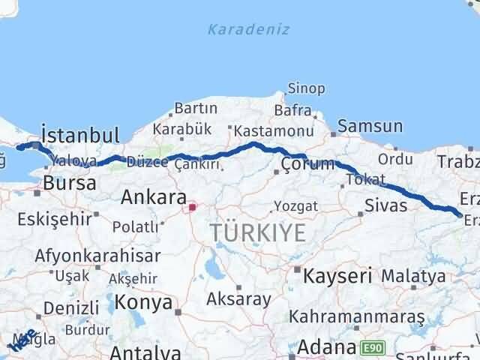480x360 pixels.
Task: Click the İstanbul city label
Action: point(81,136)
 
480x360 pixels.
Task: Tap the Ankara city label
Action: point(153,198)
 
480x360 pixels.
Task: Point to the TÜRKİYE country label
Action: point(258,232)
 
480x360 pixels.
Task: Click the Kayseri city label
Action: point(337,276)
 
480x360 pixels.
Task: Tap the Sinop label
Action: point(307,89)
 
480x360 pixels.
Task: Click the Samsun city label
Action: point(370,126)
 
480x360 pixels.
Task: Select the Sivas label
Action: point(385,205)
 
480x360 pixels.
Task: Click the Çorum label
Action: point(307,163)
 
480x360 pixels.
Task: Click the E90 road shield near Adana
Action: point(370,348)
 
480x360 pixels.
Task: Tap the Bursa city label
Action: point(70,183)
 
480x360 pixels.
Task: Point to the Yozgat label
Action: point(295,205)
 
